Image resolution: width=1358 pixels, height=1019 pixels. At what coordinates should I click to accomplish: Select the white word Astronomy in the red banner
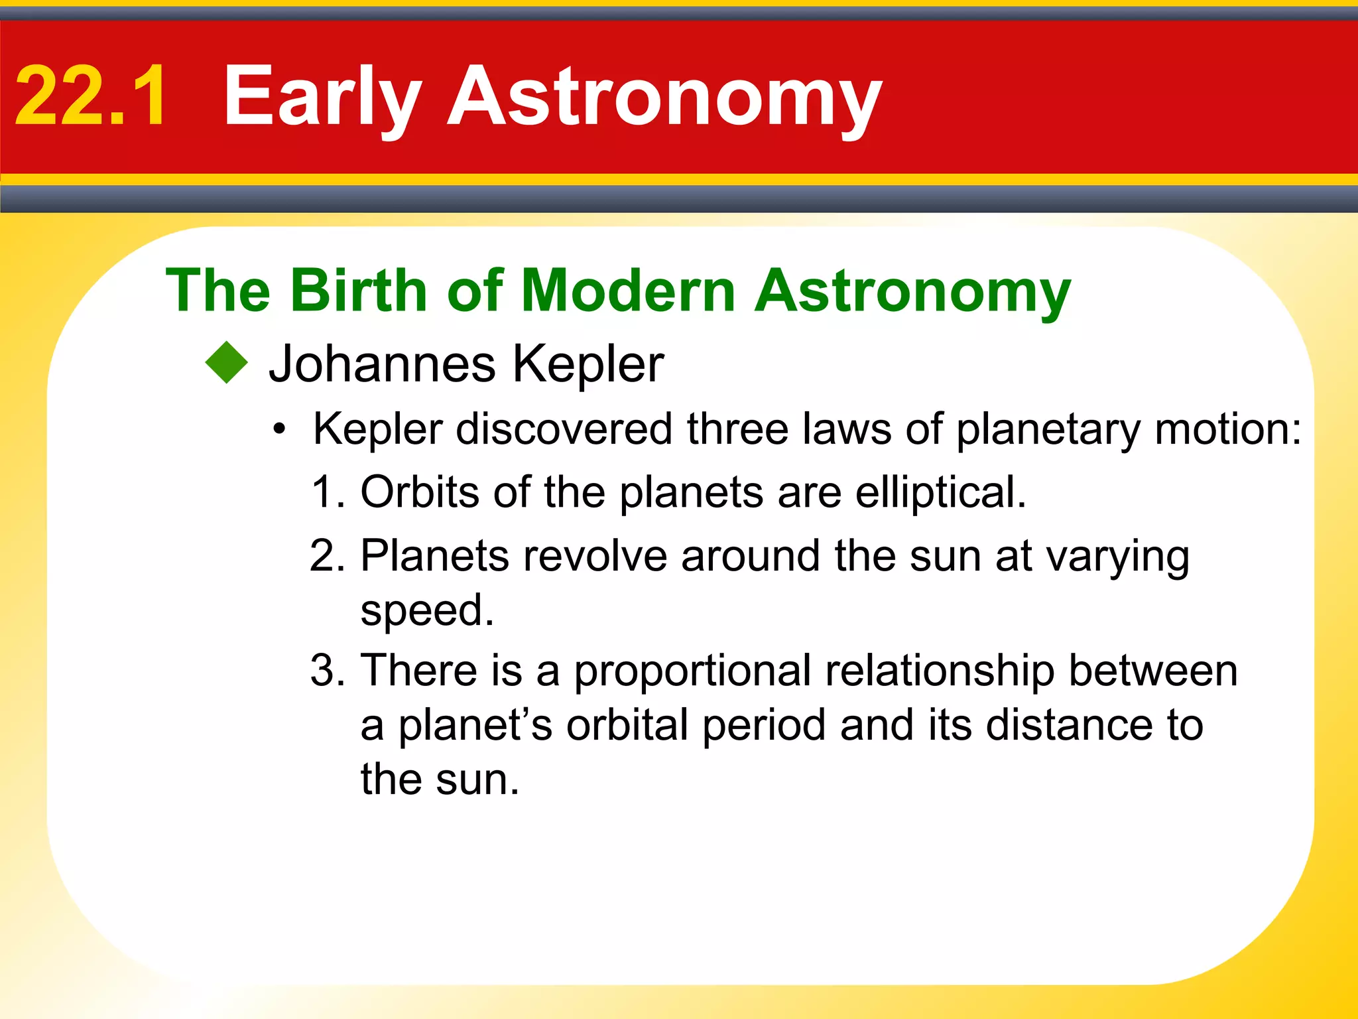(665, 98)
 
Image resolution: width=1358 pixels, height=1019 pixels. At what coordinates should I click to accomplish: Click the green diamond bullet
(226, 362)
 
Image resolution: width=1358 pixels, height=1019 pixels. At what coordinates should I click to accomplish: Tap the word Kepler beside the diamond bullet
(587, 365)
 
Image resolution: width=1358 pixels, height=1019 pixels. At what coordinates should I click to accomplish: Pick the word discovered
(563, 429)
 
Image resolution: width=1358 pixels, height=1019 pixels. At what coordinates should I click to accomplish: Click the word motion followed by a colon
(1227, 429)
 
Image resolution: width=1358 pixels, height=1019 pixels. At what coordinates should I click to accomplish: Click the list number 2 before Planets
(326, 555)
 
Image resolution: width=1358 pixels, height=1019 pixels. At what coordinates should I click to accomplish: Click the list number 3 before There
(326, 670)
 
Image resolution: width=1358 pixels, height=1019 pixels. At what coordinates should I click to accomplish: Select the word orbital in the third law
(627, 725)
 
